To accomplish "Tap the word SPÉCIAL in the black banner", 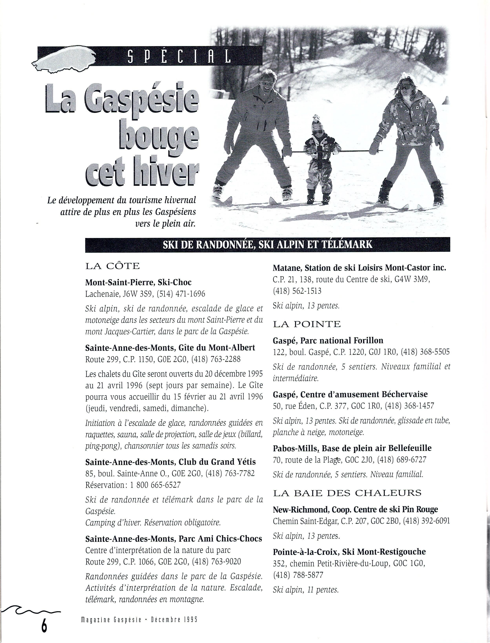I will click(179, 56).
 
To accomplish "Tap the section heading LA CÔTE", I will click(112, 266).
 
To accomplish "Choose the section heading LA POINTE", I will click(307, 324).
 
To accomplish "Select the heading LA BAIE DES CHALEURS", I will click(347, 493).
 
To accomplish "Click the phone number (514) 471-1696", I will click(181, 294).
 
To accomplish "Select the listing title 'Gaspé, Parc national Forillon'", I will click(328, 340).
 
